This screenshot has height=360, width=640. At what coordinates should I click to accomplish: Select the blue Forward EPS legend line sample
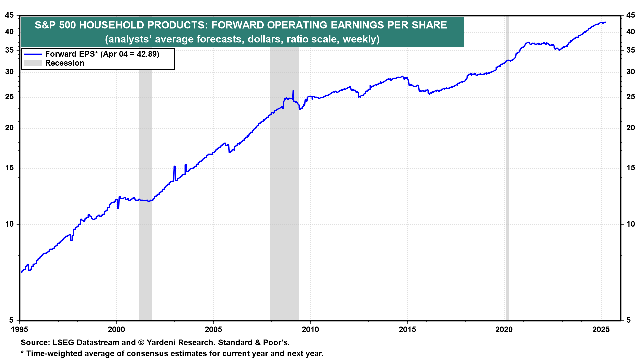[x=33, y=54]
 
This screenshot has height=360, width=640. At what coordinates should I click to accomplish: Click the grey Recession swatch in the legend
[x=33, y=63]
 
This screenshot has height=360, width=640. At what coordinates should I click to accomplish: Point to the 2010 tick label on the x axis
[x=310, y=330]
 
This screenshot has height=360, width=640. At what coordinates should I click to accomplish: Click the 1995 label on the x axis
[x=20, y=330]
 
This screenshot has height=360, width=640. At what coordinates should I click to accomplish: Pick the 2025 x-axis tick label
[x=601, y=330]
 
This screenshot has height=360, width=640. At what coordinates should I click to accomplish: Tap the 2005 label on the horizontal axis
[x=213, y=330]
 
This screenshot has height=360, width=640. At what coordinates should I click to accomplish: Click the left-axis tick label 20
[x=10, y=128]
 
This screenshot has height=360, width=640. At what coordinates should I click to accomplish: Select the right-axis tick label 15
[x=630, y=168]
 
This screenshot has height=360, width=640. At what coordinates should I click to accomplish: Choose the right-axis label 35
[x=630, y=50]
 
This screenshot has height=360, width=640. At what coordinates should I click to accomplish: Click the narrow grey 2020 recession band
[x=507, y=200]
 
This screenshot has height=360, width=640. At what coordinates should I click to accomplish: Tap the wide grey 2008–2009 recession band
[x=284, y=200]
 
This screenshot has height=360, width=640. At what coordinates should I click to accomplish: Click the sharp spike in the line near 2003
[x=175, y=167]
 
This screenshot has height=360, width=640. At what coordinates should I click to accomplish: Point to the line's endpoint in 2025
[x=605, y=22]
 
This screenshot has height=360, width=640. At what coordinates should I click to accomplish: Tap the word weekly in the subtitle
[x=360, y=39]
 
